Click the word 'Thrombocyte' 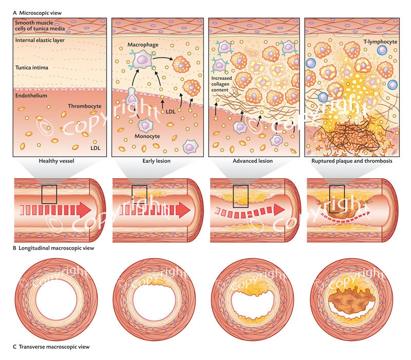tap(83, 106)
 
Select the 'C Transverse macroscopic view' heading tap(46, 347)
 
